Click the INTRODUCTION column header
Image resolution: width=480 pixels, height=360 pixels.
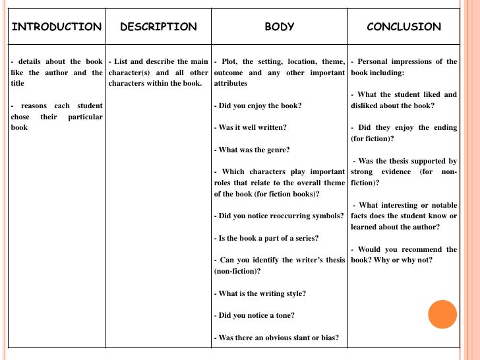click(x=57, y=27)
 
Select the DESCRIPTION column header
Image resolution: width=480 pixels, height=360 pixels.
click(x=158, y=27)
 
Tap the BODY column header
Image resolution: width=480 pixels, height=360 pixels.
click(x=280, y=27)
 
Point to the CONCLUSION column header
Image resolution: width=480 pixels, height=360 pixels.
click(x=404, y=27)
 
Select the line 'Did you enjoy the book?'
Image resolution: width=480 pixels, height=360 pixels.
click(x=258, y=105)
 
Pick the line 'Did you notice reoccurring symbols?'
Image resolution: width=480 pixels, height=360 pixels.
click(x=280, y=216)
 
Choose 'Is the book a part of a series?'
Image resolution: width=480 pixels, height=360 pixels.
click(x=267, y=237)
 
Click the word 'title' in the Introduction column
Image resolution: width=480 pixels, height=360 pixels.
click(x=18, y=84)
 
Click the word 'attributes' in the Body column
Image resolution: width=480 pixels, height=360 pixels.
click(x=231, y=84)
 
